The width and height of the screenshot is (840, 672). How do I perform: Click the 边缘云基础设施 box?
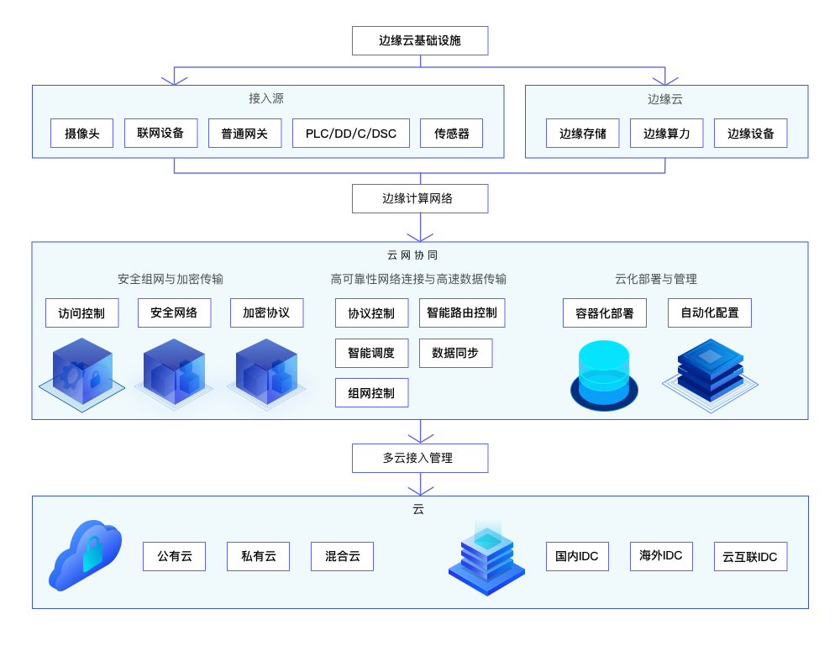click(420, 40)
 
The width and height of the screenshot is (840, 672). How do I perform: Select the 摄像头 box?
click(81, 133)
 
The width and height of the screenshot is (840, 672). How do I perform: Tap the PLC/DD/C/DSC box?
click(351, 133)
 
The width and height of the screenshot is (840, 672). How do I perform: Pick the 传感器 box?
click(452, 133)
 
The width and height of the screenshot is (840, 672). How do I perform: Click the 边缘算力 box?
click(667, 133)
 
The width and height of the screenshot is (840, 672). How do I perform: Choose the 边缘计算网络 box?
click(420, 198)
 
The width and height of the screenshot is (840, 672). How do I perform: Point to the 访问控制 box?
click(81, 312)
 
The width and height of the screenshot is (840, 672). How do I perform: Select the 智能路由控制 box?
click(462, 312)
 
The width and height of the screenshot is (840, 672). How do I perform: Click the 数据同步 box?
click(455, 353)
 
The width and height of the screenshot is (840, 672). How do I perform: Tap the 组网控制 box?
click(371, 392)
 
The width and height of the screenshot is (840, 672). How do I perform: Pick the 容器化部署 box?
click(605, 312)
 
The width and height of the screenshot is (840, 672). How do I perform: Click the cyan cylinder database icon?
click(604, 375)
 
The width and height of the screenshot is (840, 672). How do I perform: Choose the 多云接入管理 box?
click(420, 458)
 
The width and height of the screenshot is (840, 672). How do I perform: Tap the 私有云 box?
click(258, 556)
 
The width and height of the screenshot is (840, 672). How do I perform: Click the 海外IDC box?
click(661, 556)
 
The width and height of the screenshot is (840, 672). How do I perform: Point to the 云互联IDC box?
click(750, 556)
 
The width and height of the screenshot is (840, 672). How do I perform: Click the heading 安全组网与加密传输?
click(171, 279)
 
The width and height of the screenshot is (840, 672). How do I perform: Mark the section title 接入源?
click(266, 98)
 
